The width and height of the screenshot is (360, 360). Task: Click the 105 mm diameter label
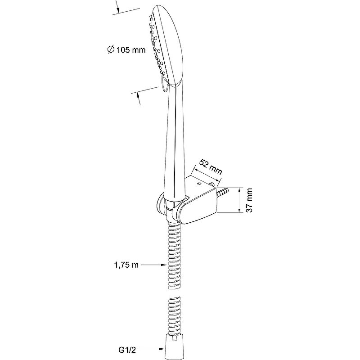[x=126, y=49]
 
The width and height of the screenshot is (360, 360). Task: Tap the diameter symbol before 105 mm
[x=111, y=49]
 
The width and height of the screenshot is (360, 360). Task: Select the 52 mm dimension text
[x=211, y=166]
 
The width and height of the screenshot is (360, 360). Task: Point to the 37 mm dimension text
[x=249, y=200]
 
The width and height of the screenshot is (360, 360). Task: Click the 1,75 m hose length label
[x=126, y=265]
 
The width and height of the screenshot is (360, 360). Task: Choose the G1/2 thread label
[x=127, y=350]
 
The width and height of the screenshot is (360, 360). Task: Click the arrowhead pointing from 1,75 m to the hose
[x=163, y=265]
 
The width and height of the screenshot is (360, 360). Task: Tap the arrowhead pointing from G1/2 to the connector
[x=162, y=349]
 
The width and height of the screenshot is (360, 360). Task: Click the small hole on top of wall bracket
[x=199, y=184]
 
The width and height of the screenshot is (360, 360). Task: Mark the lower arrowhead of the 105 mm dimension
[x=138, y=95]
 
